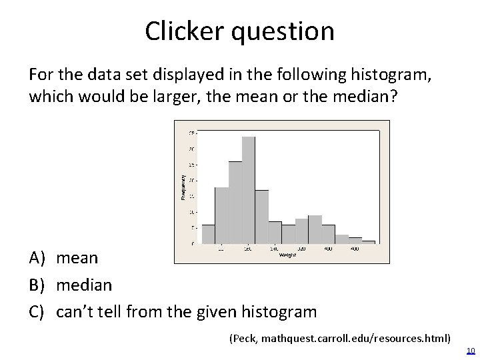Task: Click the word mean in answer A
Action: tap(77, 258)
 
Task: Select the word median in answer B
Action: tap(85, 285)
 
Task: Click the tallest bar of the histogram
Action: tap(249, 190)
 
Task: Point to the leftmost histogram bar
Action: tap(209, 234)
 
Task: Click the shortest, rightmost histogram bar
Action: tap(368, 242)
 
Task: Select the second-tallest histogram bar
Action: tap(235, 202)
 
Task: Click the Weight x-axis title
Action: tap(287, 255)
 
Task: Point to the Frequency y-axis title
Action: tap(183, 186)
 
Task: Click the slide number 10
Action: tap(470, 351)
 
